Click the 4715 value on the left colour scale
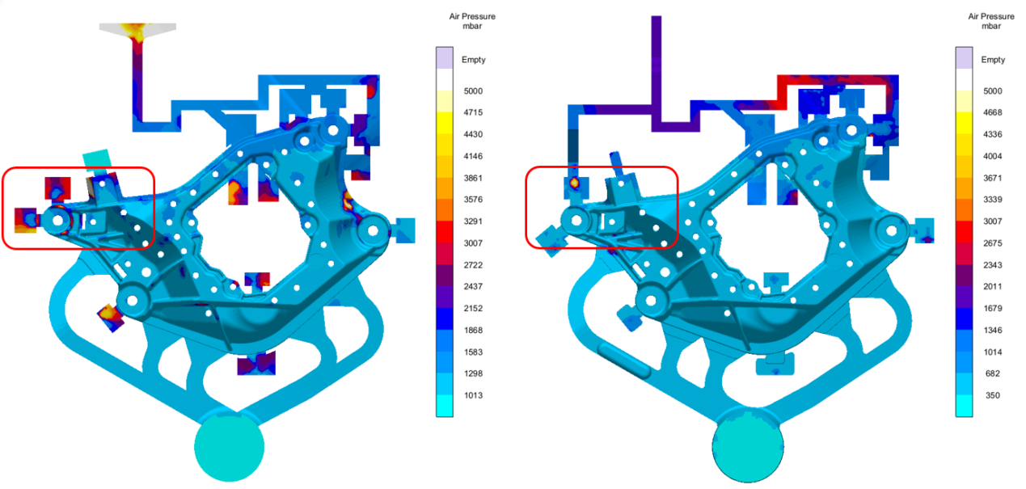[473, 112]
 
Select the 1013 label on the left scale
[473, 395]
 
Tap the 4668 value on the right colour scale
[992, 112]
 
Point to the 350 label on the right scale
[992, 395]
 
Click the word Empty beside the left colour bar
[473, 60]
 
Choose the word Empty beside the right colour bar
[993, 60]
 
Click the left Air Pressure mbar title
[472, 21]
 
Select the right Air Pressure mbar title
[991, 21]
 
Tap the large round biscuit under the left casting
[229, 446]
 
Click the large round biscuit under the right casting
[748, 446]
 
